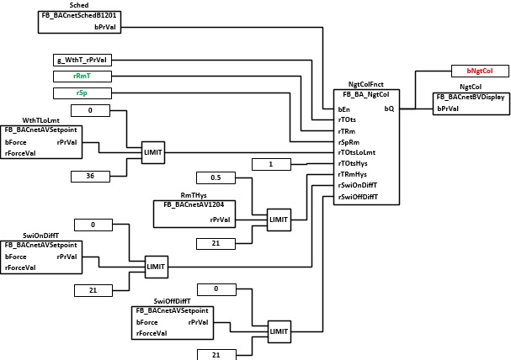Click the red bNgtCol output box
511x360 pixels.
480,71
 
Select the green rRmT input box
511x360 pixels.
83,77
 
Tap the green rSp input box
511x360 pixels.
83,93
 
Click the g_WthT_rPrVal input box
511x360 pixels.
83,60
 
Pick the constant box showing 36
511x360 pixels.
90,177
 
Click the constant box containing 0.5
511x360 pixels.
216,177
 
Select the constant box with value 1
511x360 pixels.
271,164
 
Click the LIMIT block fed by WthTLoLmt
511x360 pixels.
153,152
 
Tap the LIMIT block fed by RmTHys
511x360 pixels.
279,220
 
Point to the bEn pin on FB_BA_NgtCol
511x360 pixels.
344,109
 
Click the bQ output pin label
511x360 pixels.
389,109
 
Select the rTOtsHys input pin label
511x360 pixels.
353,163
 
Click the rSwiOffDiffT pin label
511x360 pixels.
358,197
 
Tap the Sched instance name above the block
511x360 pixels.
79,5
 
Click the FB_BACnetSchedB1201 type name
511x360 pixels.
79,15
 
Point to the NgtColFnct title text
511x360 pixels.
366,84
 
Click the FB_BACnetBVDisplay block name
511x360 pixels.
471,97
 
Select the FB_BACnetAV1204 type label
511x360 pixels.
194,204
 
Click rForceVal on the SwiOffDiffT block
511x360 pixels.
152,333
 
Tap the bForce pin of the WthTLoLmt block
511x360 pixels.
16,142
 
